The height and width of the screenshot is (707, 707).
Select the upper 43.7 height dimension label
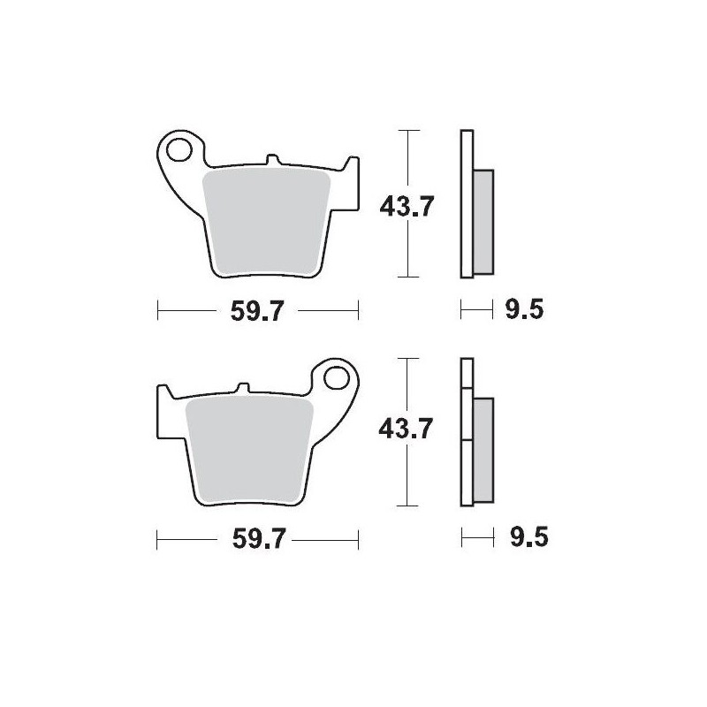coord(406,206)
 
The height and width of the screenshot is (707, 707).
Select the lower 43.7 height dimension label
coord(406,431)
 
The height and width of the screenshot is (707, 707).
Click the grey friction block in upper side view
coord(483,220)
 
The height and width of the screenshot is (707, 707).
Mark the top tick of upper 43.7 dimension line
coord(406,131)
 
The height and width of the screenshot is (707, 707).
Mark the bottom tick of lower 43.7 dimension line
coord(406,506)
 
